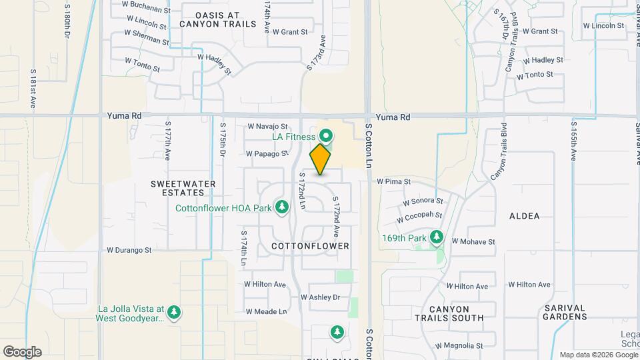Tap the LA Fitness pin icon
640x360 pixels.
(327, 135)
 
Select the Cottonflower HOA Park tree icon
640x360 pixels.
(282, 207)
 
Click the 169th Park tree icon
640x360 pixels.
(437, 237)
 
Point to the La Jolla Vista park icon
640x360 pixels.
(174, 311)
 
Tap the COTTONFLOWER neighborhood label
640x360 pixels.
(311, 246)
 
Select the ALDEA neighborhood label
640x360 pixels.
(524, 216)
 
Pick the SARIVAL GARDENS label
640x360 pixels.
(563, 312)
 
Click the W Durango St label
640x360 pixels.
(129, 251)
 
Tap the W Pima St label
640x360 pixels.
(394, 181)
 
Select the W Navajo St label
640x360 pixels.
(267, 126)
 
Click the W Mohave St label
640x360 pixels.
(473, 241)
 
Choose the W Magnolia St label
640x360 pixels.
(459, 346)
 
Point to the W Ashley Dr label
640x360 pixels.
(321, 297)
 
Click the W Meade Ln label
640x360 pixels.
(265, 311)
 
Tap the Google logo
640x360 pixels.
(22, 352)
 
